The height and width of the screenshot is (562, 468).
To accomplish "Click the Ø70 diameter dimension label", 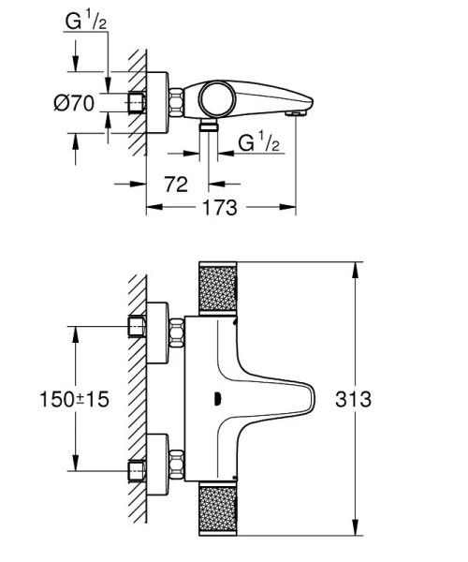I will point(75,103).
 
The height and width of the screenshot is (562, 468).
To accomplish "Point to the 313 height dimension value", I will point(353,399).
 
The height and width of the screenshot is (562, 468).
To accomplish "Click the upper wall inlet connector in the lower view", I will point(139,326).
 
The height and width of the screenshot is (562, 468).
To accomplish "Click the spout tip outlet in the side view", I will point(297,113).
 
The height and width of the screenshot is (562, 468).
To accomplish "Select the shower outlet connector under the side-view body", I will point(207,123).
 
